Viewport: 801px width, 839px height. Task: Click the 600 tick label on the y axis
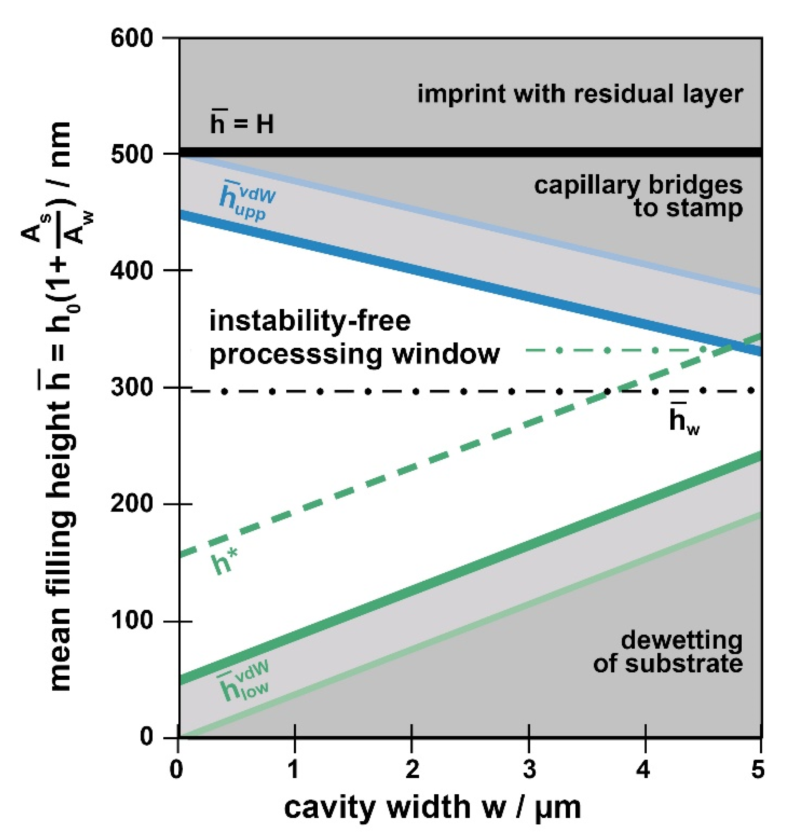pyautogui.click(x=131, y=38)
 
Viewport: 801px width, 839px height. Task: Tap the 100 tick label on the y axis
pyautogui.click(x=131, y=620)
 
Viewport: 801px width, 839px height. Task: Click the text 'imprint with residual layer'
pyautogui.click(x=580, y=93)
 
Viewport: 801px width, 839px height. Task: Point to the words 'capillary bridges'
pyautogui.click(x=638, y=185)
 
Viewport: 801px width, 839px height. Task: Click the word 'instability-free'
pyautogui.click(x=310, y=321)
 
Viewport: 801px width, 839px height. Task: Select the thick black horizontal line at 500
pyautogui.click(x=470, y=152)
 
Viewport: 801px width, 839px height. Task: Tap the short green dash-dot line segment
pyautogui.click(x=615, y=350)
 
